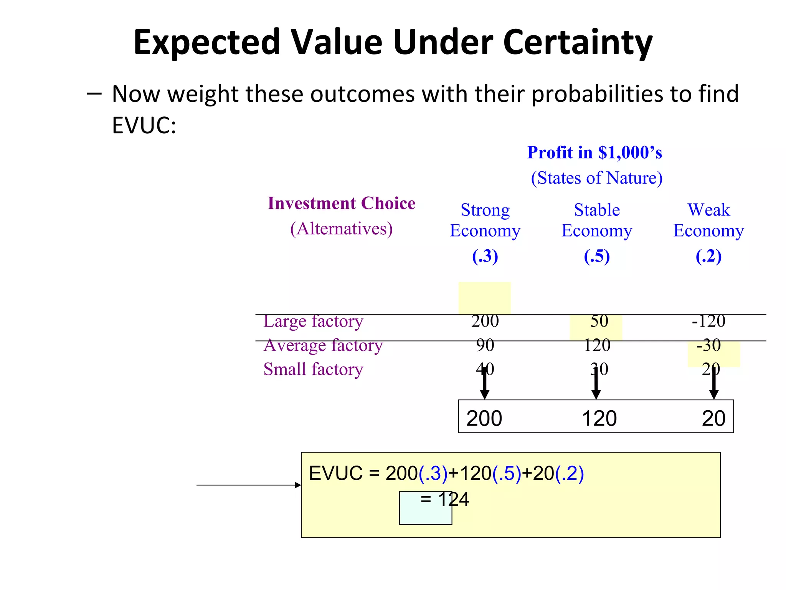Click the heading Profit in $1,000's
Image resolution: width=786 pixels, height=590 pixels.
point(594,152)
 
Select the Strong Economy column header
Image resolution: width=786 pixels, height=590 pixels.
point(485,220)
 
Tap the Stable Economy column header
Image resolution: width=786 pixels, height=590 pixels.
point(597,220)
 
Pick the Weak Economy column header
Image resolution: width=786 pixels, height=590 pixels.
point(708,220)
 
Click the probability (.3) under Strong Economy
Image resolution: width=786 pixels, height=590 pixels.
point(485,256)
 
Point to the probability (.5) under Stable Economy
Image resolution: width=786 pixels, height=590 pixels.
point(597,256)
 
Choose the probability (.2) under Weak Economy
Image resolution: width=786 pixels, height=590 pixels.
point(708,256)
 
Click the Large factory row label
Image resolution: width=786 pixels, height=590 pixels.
point(313,321)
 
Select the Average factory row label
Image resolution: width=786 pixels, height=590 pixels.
point(323,345)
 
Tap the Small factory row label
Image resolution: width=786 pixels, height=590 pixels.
point(313,369)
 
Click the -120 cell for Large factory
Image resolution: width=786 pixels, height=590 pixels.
point(708,321)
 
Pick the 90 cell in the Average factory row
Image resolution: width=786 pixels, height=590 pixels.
point(485,345)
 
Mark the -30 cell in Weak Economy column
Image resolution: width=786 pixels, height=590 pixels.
point(708,345)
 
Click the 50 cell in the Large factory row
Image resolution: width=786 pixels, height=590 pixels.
point(599,321)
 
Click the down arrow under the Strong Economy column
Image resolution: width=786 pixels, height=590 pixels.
point(485,384)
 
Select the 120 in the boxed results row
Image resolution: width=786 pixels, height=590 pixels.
point(599,418)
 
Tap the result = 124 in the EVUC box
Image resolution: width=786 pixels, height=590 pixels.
point(445,499)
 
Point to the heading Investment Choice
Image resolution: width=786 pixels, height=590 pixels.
point(341,203)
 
